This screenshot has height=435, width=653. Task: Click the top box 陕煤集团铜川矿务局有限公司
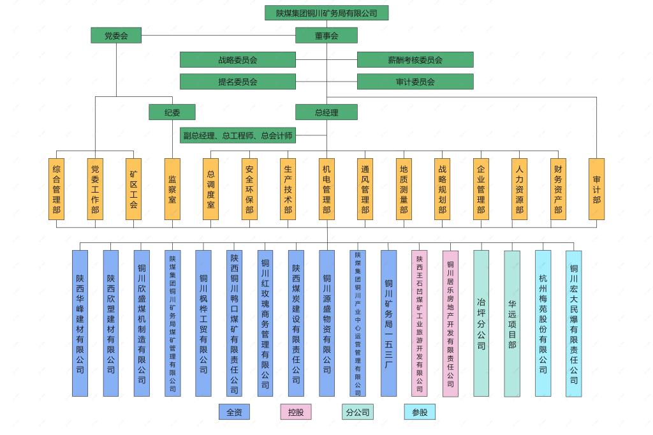tap(326, 13)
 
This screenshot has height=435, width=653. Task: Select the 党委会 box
tap(116, 36)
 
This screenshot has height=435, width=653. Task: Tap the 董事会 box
tap(326, 36)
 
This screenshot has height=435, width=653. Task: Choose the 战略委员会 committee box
tap(238, 59)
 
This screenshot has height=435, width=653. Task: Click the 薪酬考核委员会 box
tap(415, 59)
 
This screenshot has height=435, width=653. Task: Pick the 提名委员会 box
tap(238, 82)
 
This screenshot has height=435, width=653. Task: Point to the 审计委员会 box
tap(415, 82)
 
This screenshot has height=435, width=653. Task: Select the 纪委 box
tap(172, 112)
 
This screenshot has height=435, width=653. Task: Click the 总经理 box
tap(326, 112)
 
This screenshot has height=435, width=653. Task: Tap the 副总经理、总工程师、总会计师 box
tap(238, 135)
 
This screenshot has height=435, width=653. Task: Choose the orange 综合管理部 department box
tap(57, 189)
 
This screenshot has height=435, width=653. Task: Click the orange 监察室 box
tap(172, 189)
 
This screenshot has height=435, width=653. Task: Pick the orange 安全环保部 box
tap(249, 189)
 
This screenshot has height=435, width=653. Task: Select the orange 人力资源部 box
tap(519, 189)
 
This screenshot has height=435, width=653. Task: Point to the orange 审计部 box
tap(596, 189)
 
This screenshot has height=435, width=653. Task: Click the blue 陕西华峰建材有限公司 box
tap(80, 323)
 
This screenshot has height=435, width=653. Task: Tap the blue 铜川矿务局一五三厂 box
tap(388, 323)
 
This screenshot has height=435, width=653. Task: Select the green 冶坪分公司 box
tap(481, 323)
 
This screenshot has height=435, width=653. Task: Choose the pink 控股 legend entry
tap(296, 412)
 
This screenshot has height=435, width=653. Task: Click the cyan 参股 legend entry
tap(420, 412)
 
